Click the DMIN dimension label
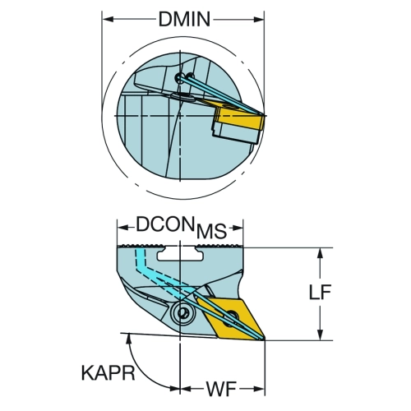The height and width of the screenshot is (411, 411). [x=184, y=19]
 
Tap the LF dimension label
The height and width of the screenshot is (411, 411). [x=320, y=293]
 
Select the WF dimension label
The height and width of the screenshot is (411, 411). [x=221, y=389]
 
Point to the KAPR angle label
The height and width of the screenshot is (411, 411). [x=109, y=373]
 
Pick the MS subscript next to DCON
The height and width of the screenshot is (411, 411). [x=211, y=232]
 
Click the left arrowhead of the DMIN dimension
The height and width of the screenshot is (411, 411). [x=108, y=19]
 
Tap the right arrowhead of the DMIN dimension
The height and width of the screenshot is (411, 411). [x=259, y=19]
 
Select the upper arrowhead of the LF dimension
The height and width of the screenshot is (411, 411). [x=320, y=254]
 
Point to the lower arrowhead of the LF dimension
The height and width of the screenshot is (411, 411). [x=320, y=335]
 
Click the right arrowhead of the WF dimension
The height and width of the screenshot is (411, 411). [x=259, y=389]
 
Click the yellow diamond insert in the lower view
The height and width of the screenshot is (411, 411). [x=229, y=319]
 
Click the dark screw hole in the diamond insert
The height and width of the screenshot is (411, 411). [x=229, y=318]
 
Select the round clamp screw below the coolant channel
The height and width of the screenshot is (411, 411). [x=182, y=312]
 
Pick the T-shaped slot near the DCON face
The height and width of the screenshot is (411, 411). [x=181, y=253]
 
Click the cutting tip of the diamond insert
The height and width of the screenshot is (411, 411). [x=264, y=339]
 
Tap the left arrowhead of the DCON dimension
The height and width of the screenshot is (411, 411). [x=123, y=228]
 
